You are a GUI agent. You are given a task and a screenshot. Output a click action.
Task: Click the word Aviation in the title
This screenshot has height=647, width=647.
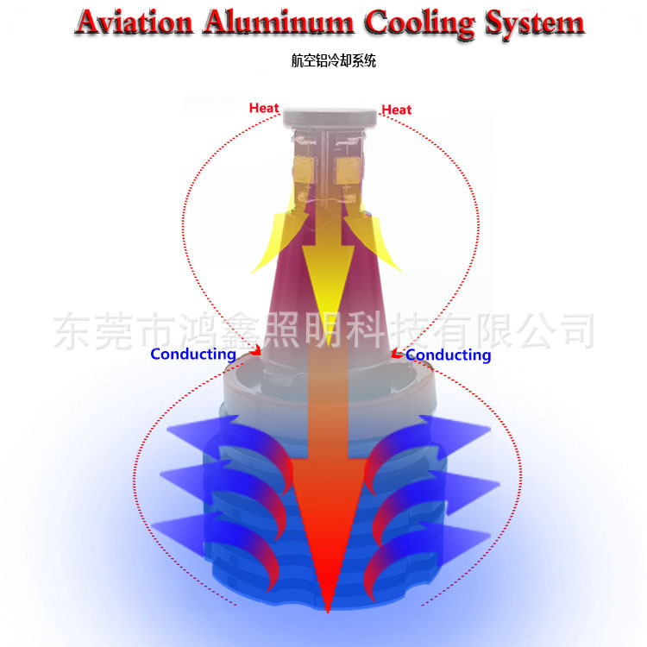click(x=133, y=22)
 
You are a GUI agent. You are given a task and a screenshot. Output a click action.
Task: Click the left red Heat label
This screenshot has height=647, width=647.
click(x=264, y=108)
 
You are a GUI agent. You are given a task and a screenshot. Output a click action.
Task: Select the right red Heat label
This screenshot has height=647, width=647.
click(x=397, y=110)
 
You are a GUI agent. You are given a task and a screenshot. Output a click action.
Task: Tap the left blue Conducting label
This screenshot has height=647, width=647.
click(x=192, y=354)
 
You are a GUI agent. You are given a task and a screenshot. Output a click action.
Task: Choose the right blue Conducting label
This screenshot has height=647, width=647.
click(x=448, y=355)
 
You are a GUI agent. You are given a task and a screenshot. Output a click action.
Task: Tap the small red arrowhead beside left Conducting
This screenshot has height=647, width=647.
click(x=255, y=351)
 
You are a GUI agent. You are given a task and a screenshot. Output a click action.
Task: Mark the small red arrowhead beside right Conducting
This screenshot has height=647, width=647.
click(x=397, y=353)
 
